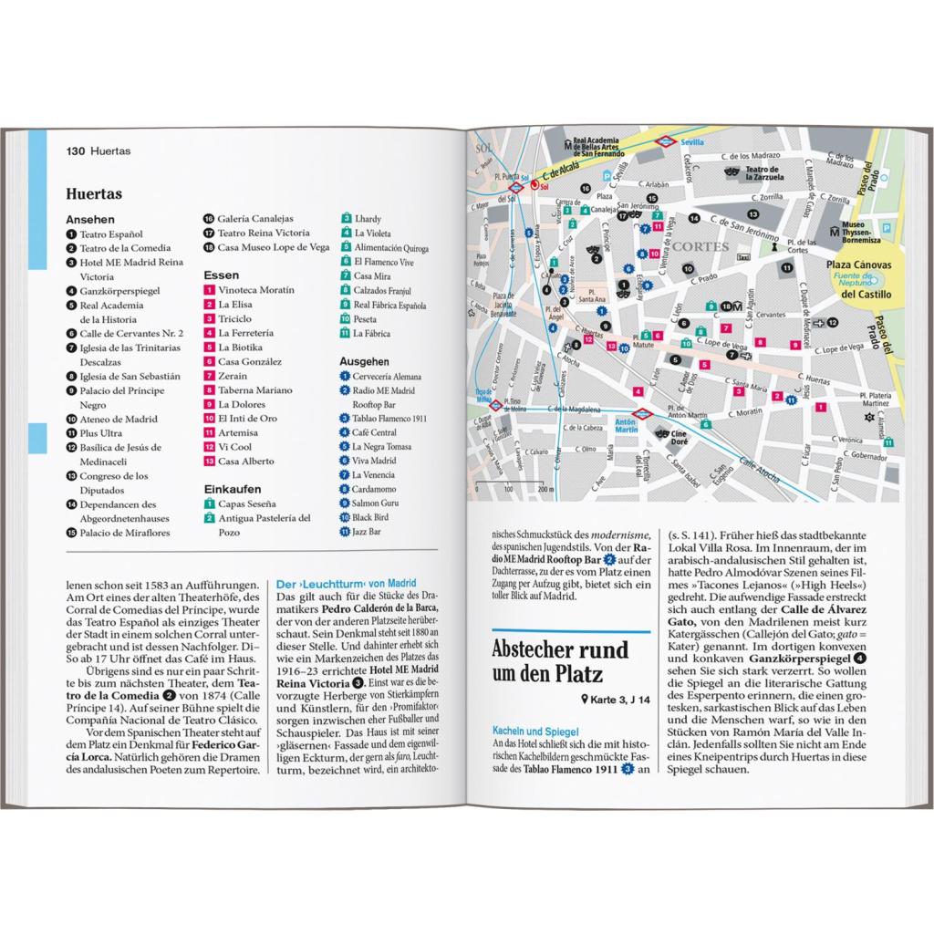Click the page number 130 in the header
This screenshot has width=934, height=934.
point(76,150)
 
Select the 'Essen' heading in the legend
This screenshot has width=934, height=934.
point(222,275)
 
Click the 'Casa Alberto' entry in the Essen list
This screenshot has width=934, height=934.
point(245,462)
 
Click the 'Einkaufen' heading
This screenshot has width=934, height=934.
point(233,489)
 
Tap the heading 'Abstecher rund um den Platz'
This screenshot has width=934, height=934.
point(560,663)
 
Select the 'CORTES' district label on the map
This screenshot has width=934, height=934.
point(700,246)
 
